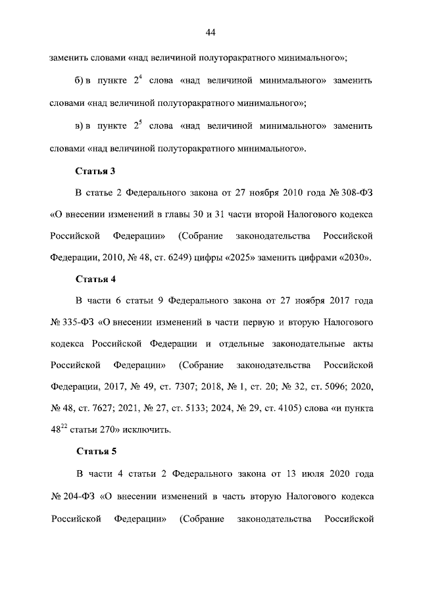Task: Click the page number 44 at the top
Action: pos(210,33)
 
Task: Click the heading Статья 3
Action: pos(96,171)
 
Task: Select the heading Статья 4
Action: pos(96,279)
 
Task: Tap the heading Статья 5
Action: pos(96,452)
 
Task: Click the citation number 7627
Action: pos(99,408)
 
